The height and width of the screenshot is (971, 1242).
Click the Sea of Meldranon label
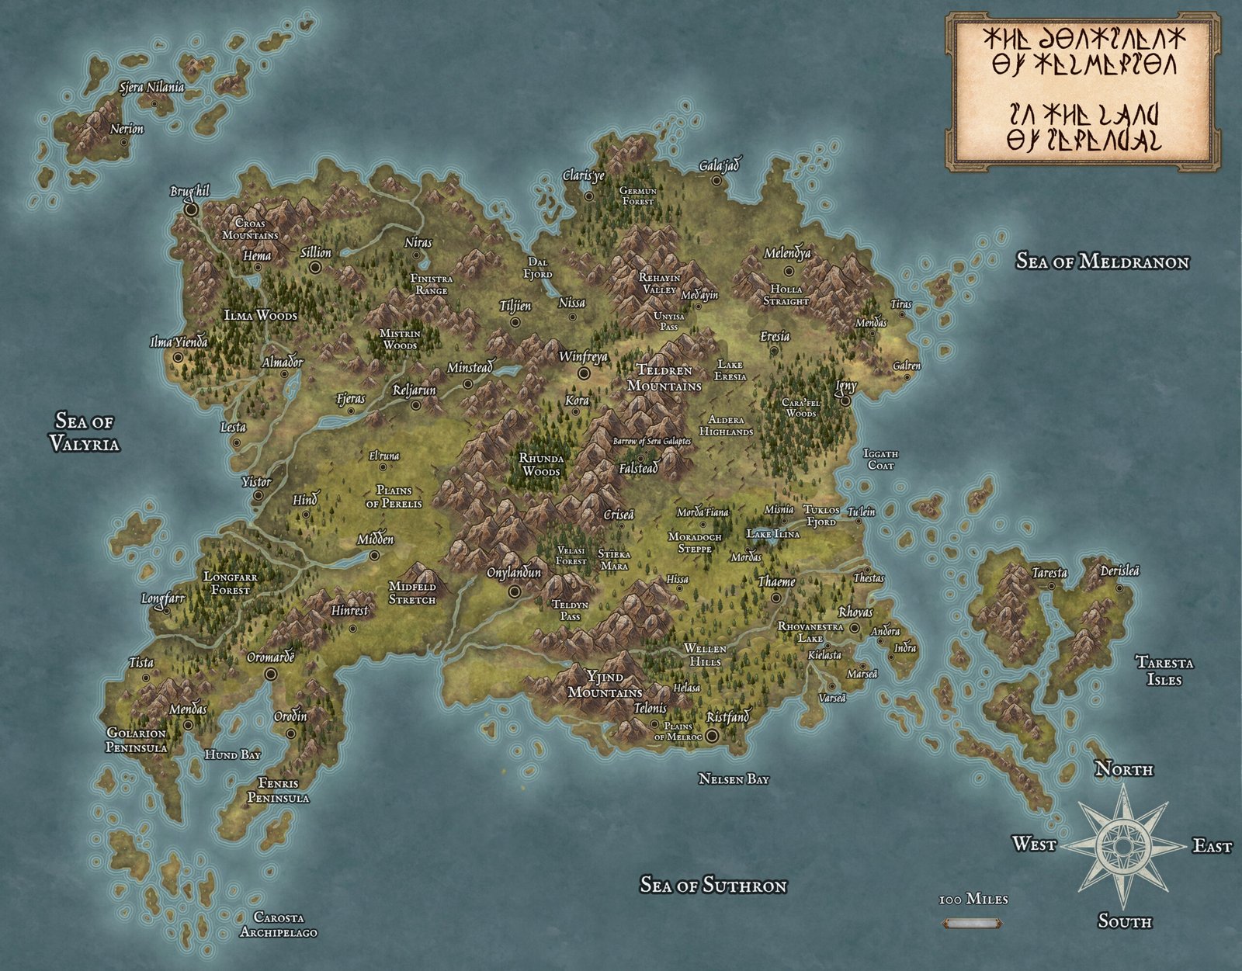pyautogui.click(x=1102, y=262)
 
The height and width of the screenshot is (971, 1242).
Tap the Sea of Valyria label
pyautogui.click(x=85, y=432)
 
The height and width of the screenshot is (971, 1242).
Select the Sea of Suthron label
pyautogui.click(x=713, y=885)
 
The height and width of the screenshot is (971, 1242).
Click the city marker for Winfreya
pyautogui.click(x=584, y=373)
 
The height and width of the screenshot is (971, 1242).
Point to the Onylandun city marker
pyautogui.click(x=514, y=591)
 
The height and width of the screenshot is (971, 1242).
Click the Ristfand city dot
pyautogui.click(x=712, y=734)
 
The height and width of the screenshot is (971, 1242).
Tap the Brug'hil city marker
pyautogui.click(x=191, y=209)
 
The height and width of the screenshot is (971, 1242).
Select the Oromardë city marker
pyautogui.click(x=270, y=674)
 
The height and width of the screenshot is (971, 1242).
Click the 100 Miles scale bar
pyautogui.click(x=971, y=924)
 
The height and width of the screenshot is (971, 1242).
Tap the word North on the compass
pyautogui.click(x=1123, y=769)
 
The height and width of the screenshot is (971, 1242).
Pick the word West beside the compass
pyautogui.click(x=1034, y=844)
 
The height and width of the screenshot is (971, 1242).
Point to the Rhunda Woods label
pyautogui.click(x=541, y=464)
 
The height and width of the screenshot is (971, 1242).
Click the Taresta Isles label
pyautogui.click(x=1164, y=671)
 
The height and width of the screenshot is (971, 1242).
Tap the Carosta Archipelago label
pyautogui.click(x=278, y=925)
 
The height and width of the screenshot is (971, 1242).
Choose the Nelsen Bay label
pyautogui.click(x=733, y=779)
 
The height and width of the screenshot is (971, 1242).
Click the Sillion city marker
pyautogui.click(x=315, y=267)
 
